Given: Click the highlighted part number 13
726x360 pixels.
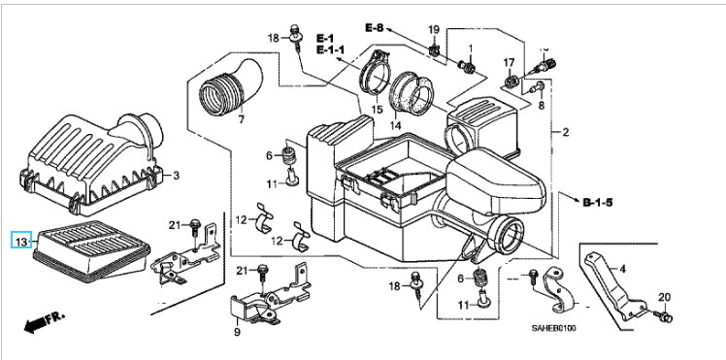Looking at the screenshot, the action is pyautogui.click(x=21, y=241).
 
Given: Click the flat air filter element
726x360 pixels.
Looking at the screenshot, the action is pyautogui.click(x=91, y=251).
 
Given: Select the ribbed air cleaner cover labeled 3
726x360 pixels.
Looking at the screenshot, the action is pyautogui.click(x=92, y=164).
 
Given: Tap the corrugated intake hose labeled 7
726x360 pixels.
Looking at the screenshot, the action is pyautogui.click(x=230, y=88).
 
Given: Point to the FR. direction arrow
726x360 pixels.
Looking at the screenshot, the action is pyautogui.click(x=45, y=322).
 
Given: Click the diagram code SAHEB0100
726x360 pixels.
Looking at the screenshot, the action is pyautogui.click(x=553, y=328).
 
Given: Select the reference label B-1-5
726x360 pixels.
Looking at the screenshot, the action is pyautogui.click(x=597, y=202).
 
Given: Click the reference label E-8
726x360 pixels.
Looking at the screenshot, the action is pyautogui.click(x=374, y=28).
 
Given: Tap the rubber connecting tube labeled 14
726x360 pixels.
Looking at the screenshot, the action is pyautogui.click(x=412, y=93).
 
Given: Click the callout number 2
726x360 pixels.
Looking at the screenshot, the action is pyautogui.click(x=565, y=133).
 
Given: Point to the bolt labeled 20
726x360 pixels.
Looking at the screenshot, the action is pyautogui.click(x=664, y=316).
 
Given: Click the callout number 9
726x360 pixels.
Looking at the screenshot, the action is pyautogui.click(x=237, y=332).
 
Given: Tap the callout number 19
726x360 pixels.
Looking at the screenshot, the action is pyautogui.click(x=434, y=30).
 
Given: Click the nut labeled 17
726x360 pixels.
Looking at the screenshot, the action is pyautogui.click(x=511, y=82).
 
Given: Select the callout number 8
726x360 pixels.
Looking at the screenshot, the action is pyautogui.click(x=542, y=106).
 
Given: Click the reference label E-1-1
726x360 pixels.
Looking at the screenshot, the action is pyautogui.click(x=333, y=49).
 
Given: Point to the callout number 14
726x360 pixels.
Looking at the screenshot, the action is pyautogui.click(x=395, y=125).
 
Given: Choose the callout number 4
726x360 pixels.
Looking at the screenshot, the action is pyautogui.click(x=623, y=269).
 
